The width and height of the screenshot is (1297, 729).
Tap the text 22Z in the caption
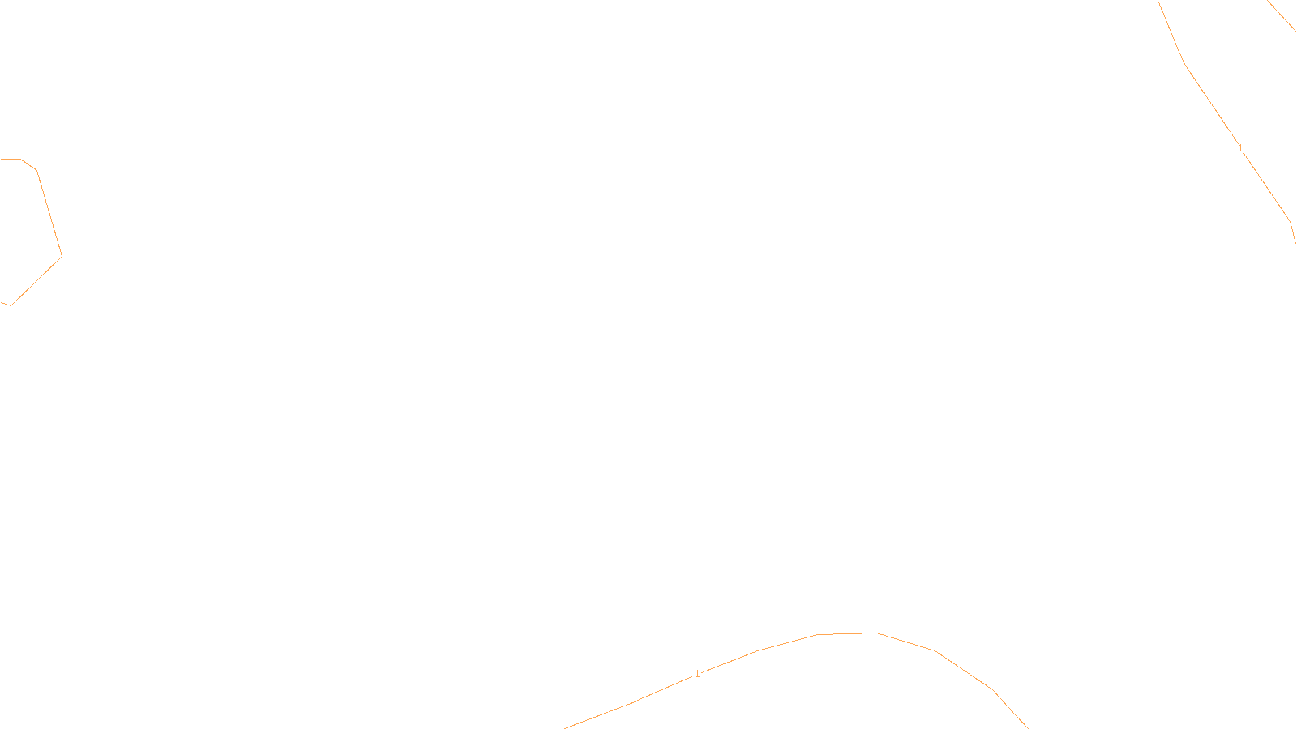pos(614,716)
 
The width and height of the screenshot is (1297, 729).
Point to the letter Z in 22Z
pos(620,716)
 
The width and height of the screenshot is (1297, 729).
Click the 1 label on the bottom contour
pos(697,674)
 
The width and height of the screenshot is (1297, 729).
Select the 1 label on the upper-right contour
pos(1240,148)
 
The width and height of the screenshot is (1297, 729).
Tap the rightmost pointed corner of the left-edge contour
pos(62,257)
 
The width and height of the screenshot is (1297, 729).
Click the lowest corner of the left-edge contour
pos(11,305)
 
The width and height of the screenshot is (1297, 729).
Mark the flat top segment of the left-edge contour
pos(11,159)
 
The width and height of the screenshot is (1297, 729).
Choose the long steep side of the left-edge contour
pos(49,214)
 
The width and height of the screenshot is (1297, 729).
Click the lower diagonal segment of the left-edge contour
pos(36,281)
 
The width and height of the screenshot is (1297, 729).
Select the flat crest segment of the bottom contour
pos(846,633)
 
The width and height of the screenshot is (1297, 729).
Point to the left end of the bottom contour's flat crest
pos(817,634)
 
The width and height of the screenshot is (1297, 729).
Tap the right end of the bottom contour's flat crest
pos(876,633)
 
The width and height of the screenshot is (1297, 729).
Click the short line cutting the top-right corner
pos(1282,16)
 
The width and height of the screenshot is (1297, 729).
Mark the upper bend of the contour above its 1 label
pos(1185,65)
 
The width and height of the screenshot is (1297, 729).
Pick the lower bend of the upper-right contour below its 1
pos(1290,220)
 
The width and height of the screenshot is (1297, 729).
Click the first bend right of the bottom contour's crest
pos(935,650)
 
